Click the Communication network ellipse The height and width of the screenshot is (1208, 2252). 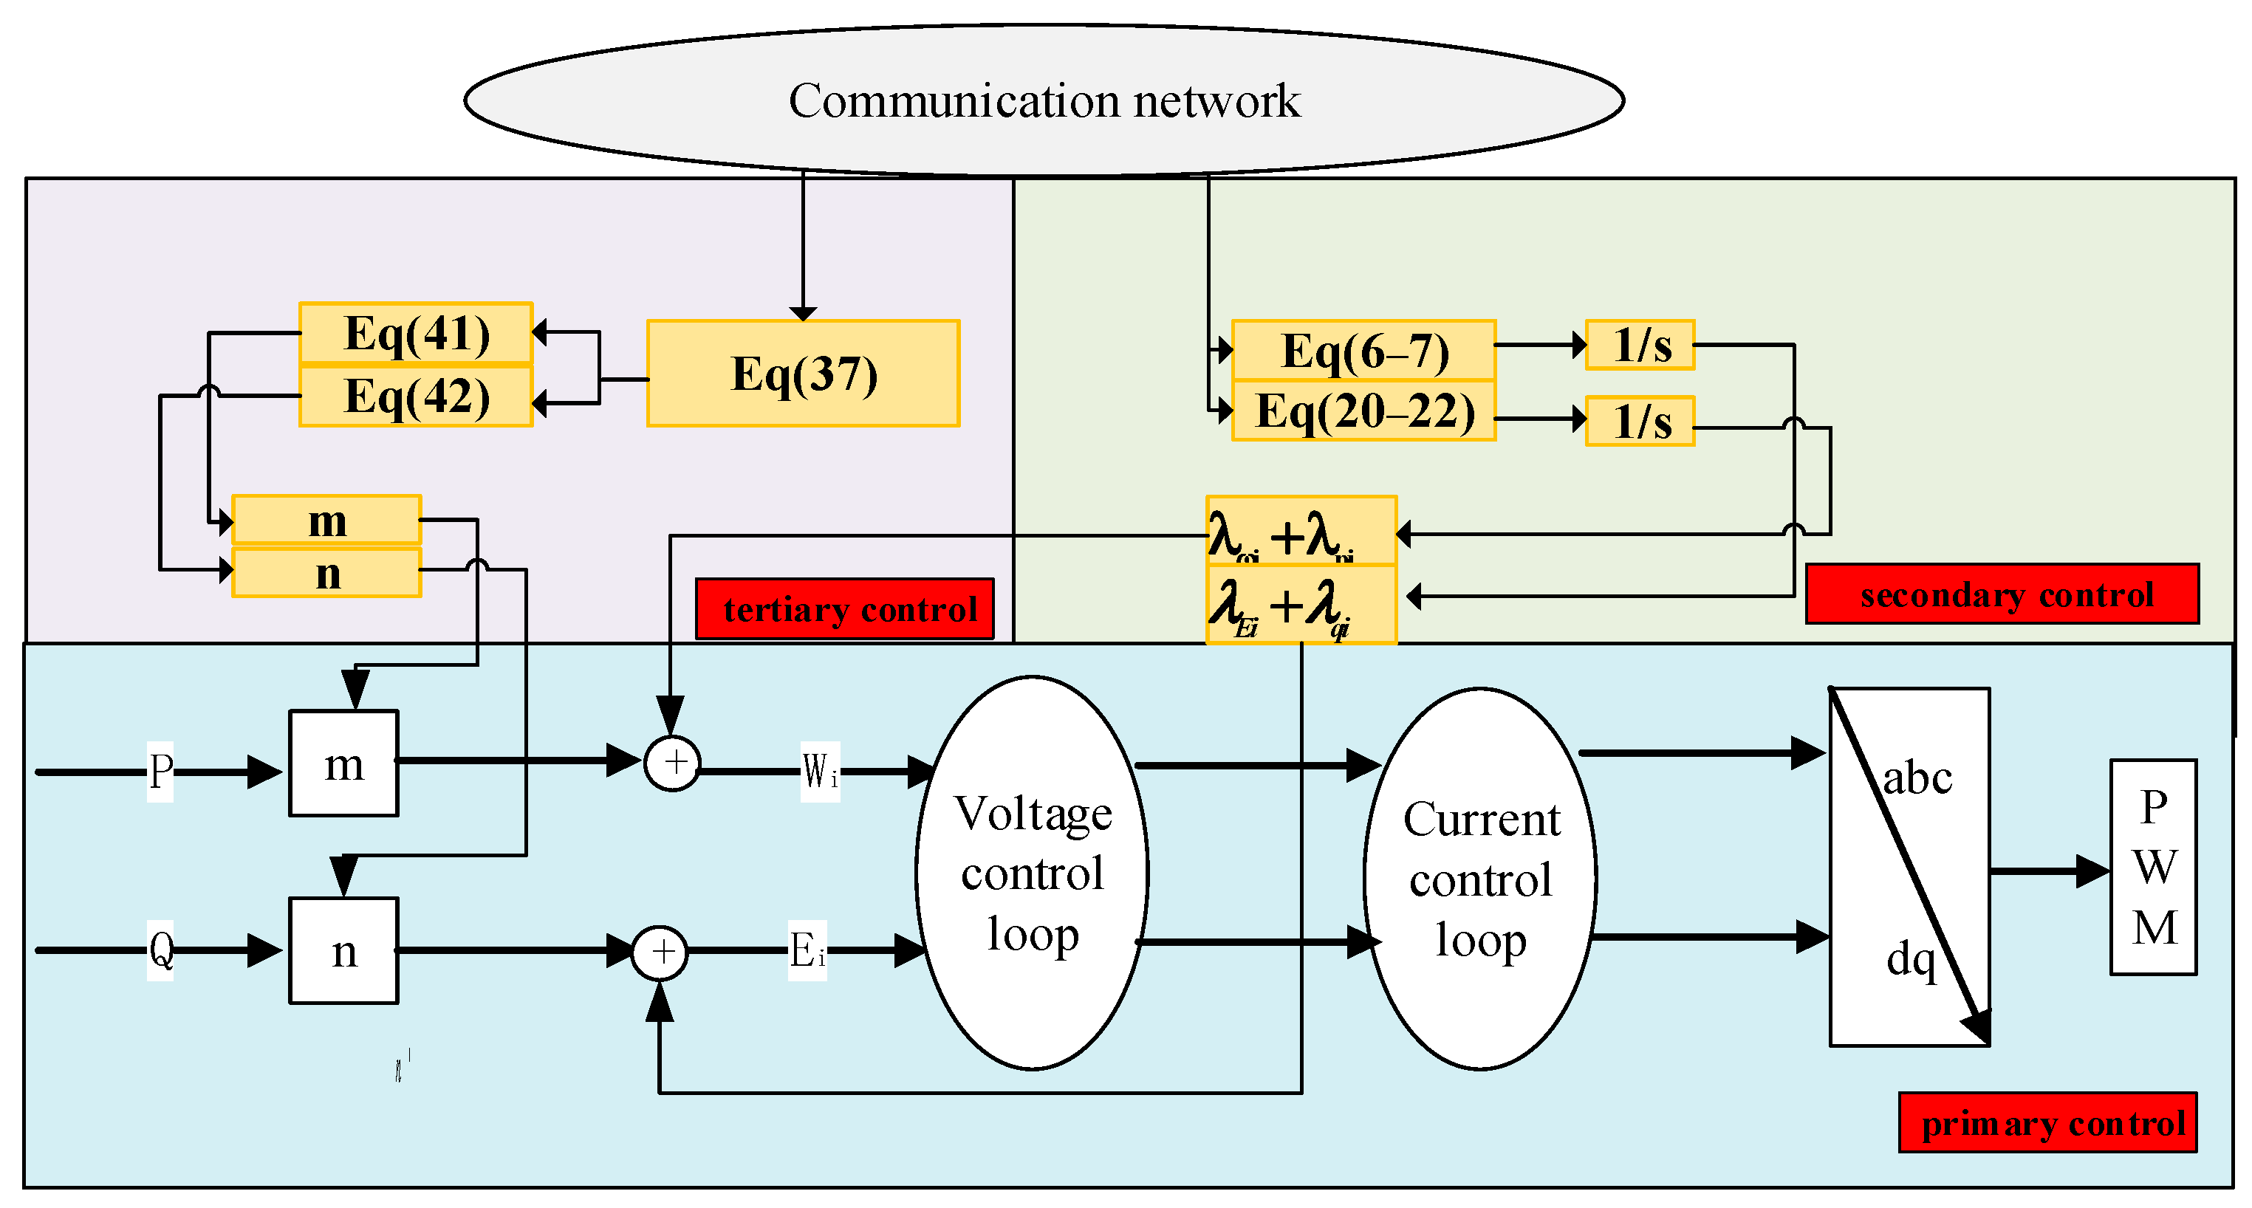click(x=1044, y=100)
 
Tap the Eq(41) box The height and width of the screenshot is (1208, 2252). click(x=416, y=332)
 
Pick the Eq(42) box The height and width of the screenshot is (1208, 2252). click(x=416, y=396)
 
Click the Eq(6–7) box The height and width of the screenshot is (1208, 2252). click(x=1363, y=350)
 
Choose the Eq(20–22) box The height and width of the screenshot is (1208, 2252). click(x=1363, y=411)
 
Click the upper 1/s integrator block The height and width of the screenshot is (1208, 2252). click(x=1640, y=346)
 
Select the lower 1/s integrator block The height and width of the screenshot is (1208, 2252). click(x=1640, y=422)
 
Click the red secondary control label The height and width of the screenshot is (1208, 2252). click(x=2002, y=594)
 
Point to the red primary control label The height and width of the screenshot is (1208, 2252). click(x=2047, y=1122)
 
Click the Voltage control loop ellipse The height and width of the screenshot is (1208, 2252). click(x=1033, y=872)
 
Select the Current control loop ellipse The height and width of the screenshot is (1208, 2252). click(x=1480, y=878)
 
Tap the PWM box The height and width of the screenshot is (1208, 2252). click(x=2153, y=866)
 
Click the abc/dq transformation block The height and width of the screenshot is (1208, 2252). click(x=1910, y=866)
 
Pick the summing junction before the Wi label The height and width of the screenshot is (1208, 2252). click(x=672, y=763)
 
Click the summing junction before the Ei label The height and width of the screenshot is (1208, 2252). click(x=660, y=952)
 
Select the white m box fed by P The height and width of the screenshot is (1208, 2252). click(x=343, y=763)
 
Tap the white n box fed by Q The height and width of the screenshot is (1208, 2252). click(x=343, y=950)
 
